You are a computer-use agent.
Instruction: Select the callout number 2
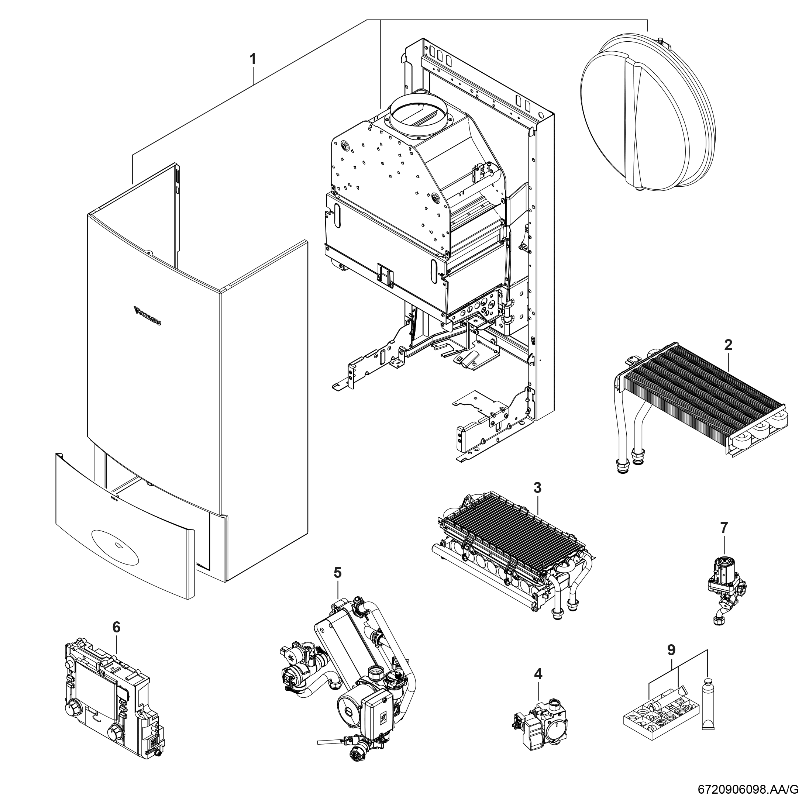click(x=728, y=345)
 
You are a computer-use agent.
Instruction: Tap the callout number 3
click(x=538, y=488)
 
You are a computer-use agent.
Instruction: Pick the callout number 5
click(x=337, y=572)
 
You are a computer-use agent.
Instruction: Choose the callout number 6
click(x=116, y=639)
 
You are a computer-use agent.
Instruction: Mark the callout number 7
click(x=724, y=528)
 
